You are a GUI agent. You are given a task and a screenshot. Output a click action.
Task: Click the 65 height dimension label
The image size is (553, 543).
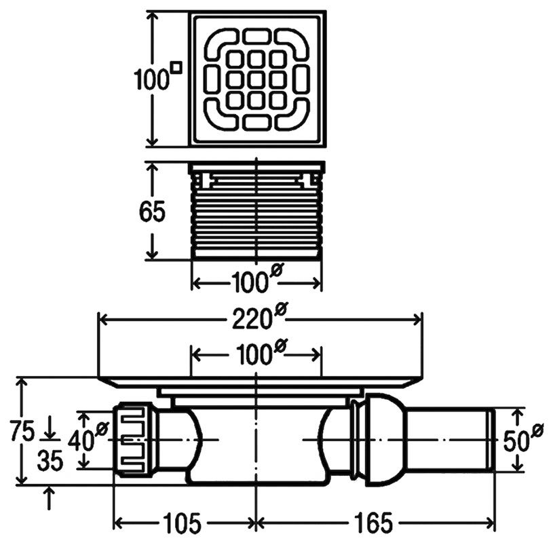(x=152, y=212)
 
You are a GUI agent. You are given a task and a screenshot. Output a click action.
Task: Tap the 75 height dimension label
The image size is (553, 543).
(x=22, y=431)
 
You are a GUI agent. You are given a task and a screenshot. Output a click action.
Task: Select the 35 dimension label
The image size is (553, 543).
(x=50, y=460)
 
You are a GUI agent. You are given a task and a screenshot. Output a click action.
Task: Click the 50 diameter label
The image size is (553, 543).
(x=523, y=438)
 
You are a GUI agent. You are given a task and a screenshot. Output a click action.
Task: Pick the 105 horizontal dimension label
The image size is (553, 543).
(x=182, y=523)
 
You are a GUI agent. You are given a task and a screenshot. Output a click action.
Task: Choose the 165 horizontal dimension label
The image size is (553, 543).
(x=373, y=523)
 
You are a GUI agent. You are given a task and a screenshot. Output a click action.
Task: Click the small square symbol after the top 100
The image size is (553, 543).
(x=176, y=68)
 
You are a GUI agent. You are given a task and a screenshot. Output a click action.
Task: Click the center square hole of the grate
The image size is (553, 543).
(x=256, y=79)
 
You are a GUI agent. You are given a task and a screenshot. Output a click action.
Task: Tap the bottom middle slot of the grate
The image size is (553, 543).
(x=256, y=121)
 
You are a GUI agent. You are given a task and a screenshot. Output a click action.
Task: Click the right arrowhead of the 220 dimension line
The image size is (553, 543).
(x=417, y=320)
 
